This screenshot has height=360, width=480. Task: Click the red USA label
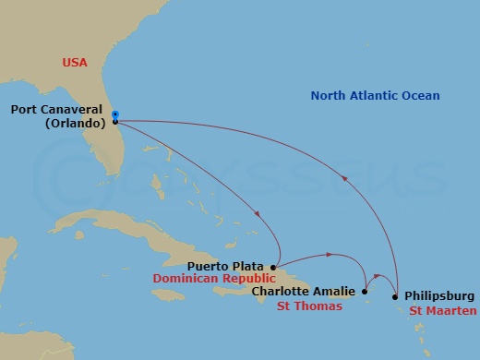pyautogui.click(x=76, y=63)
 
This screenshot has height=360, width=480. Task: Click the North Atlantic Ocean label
pyautogui.click(x=375, y=96)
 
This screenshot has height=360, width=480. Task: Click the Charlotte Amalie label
pyautogui.click(x=303, y=292)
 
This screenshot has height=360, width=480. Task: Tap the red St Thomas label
pyautogui.click(x=309, y=306)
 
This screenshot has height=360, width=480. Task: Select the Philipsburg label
pyautogui.click(x=438, y=296)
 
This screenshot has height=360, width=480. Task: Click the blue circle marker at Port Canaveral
pyautogui.click(x=114, y=114)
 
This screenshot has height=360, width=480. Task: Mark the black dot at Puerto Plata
pyautogui.click(x=273, y=267)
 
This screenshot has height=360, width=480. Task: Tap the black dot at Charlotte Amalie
pyautogui.click(x=365, y=292)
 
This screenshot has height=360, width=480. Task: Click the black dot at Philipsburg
pyautogui.click(x=395, y=296)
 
